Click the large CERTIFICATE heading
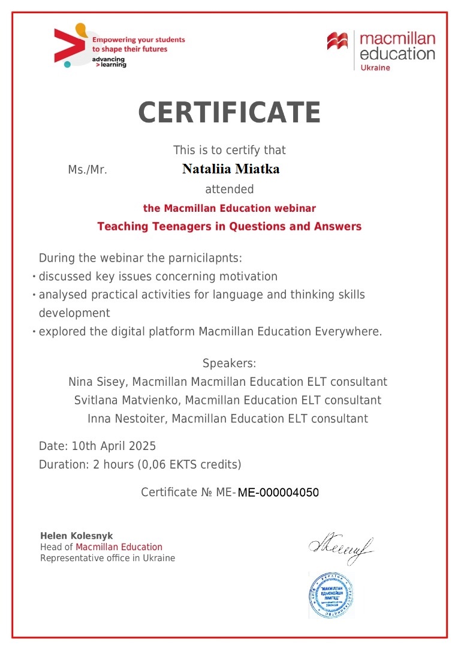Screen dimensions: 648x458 tap(229, 112)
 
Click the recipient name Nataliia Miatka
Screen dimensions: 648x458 tap(231, 169)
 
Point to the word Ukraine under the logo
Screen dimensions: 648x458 tap(375, 68)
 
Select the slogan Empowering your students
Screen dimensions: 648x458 tap(138, 40)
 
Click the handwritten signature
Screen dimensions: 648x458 tap(341, 547)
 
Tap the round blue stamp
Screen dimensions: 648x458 tap(332, 595)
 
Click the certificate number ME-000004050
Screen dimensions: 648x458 tap(278, 493)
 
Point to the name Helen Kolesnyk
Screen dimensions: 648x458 tap(76, 536)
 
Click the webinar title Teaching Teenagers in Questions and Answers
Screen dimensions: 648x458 tap(229, 226)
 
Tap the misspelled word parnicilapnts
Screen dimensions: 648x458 tap(204, 259)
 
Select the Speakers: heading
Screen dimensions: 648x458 tap(229, 363)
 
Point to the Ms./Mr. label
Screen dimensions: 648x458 tap(88, 170)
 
